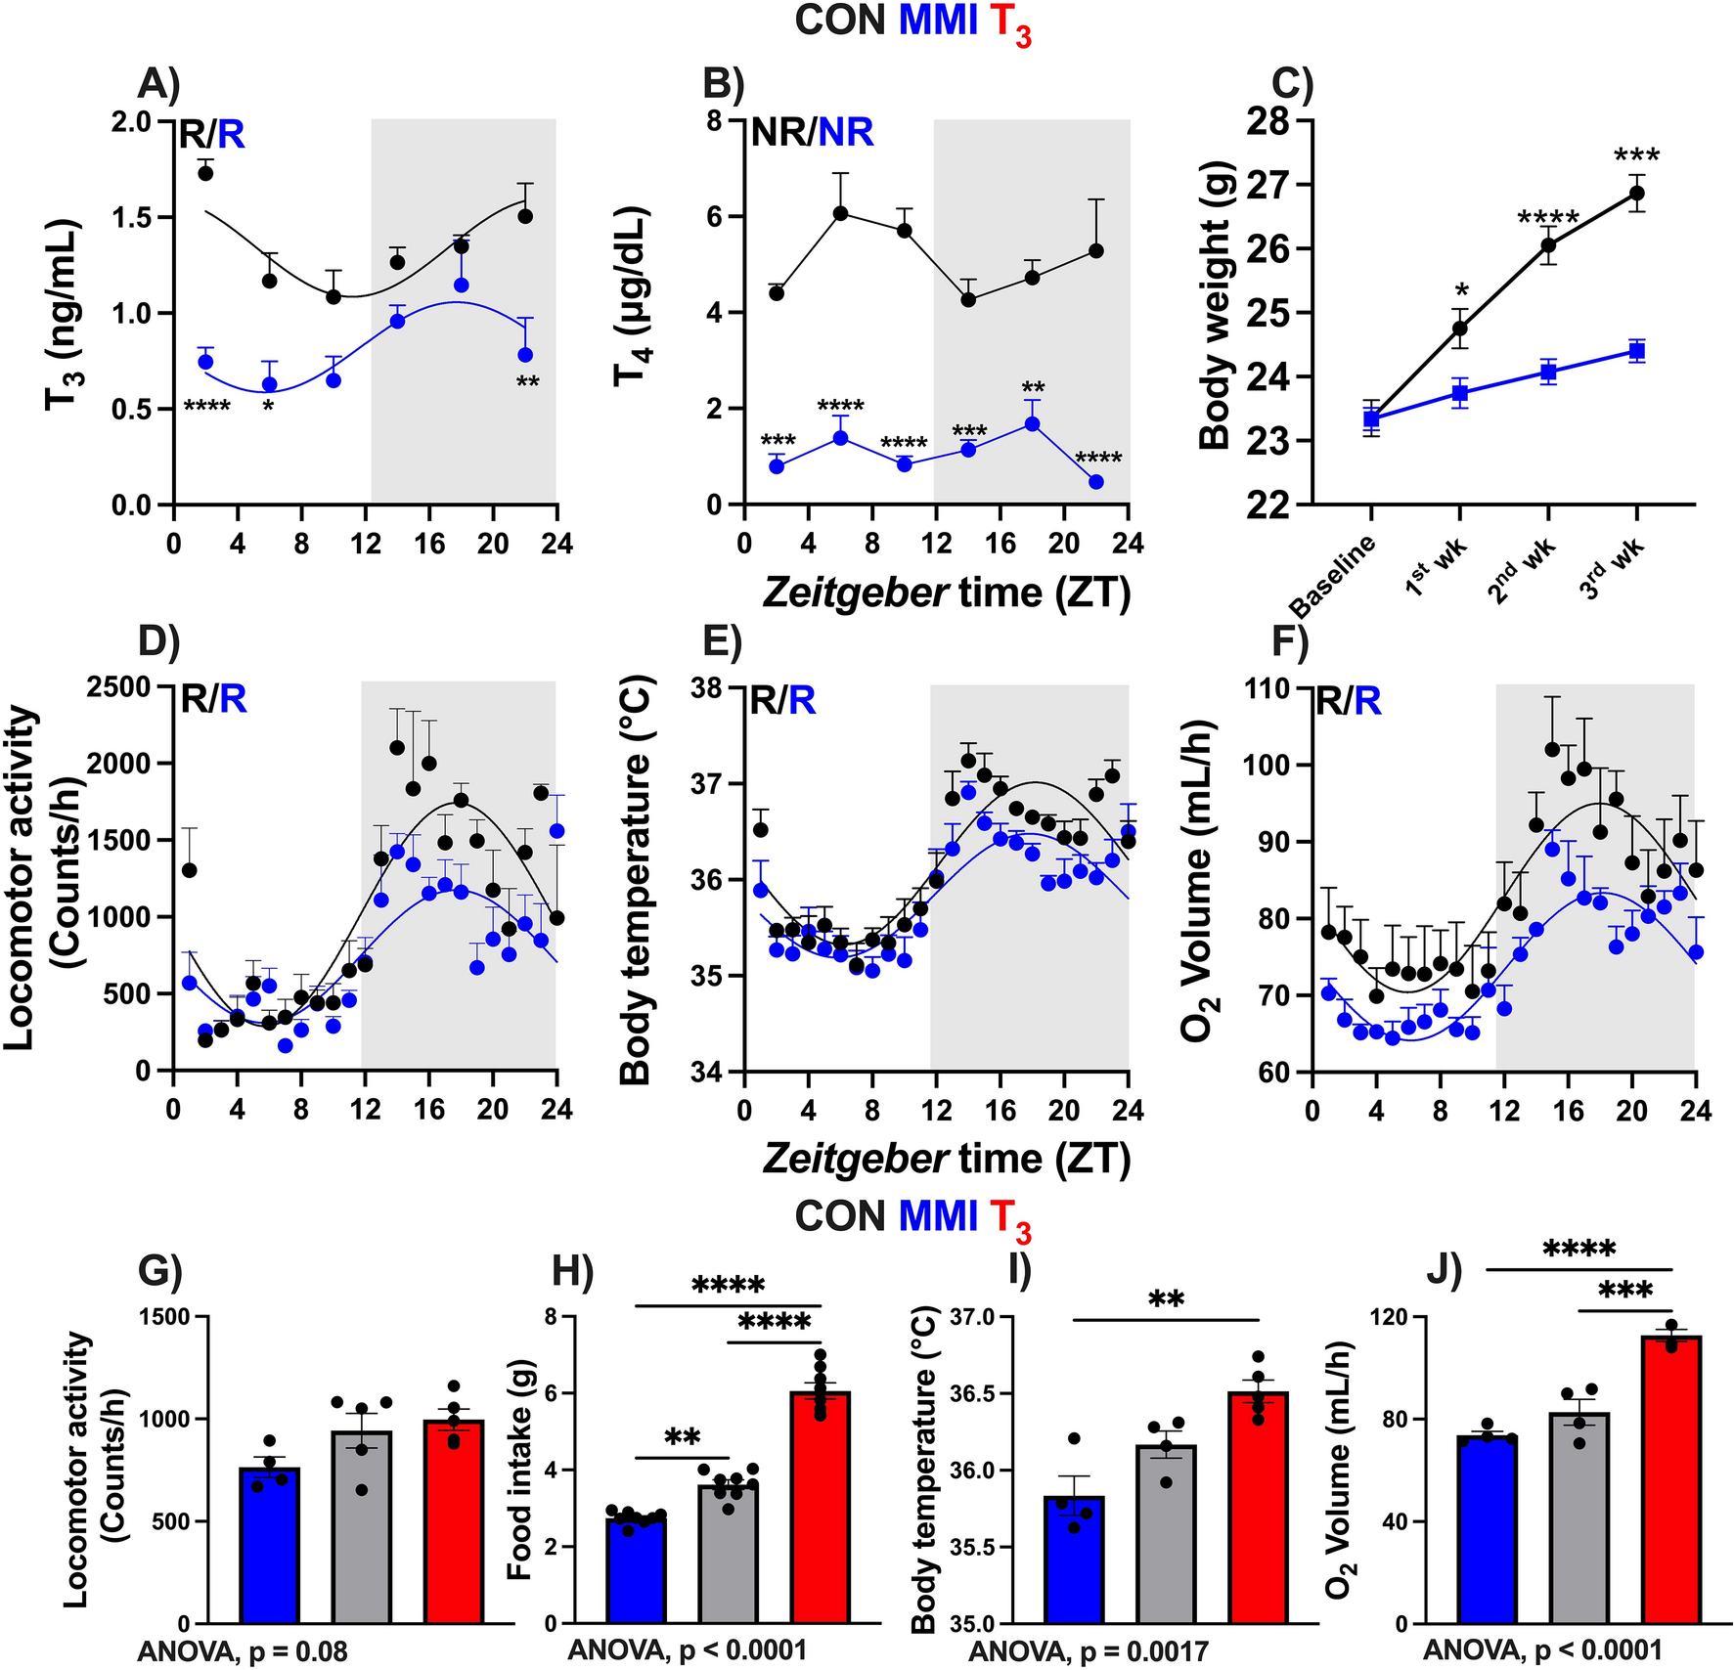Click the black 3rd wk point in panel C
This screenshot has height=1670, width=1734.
(x=1636, y=194)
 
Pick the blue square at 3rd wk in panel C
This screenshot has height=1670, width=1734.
(x=1636, y=352)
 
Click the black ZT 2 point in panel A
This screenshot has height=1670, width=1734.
(x=205, y=173)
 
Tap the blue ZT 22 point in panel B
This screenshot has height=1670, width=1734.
(x=1096, y=482)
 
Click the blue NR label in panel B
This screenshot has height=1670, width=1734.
(x=846, y=132)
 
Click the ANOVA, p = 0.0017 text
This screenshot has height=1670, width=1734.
(x=1089, y=1652)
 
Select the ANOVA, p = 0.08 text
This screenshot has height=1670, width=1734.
(x=243, y=1652)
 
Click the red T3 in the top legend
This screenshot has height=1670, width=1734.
(x=1010, y=23)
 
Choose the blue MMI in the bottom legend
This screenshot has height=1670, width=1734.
(x=938, y=1216)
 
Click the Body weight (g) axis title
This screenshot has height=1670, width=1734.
(x=1216, y=306)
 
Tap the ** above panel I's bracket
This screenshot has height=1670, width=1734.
(x=1166, y=1299)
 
